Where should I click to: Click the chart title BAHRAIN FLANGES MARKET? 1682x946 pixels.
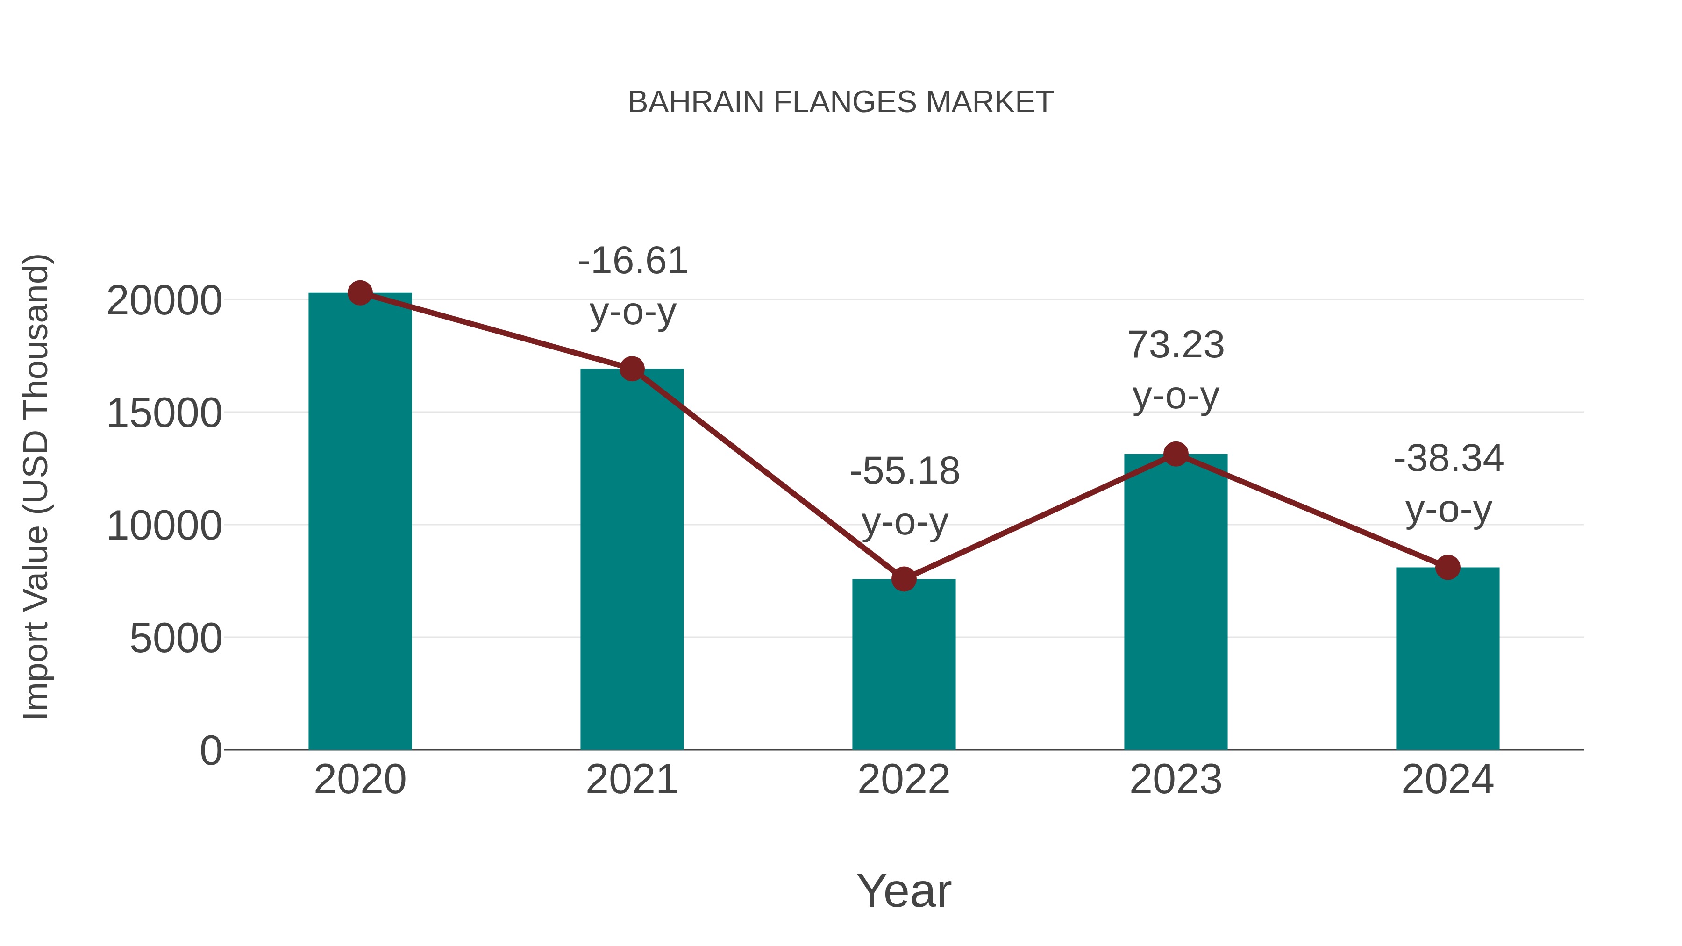point(841,102)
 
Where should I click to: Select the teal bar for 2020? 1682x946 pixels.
point(360,522)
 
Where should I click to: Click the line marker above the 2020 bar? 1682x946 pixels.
point(360,293)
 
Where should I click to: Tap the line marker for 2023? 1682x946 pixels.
point(1176,454)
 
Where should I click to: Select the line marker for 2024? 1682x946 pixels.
point(1447,567)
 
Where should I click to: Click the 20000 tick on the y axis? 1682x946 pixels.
point(164,302)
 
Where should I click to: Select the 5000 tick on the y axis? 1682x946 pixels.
point(176,639)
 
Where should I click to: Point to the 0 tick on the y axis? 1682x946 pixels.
point(210,751)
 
